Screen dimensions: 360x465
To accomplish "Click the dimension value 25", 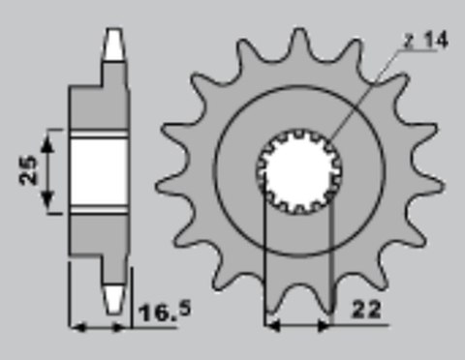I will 29,171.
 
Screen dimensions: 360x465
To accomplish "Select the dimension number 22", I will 367,312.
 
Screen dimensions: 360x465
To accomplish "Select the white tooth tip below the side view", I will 114,296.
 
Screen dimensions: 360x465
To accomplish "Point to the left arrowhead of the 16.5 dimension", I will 77,326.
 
